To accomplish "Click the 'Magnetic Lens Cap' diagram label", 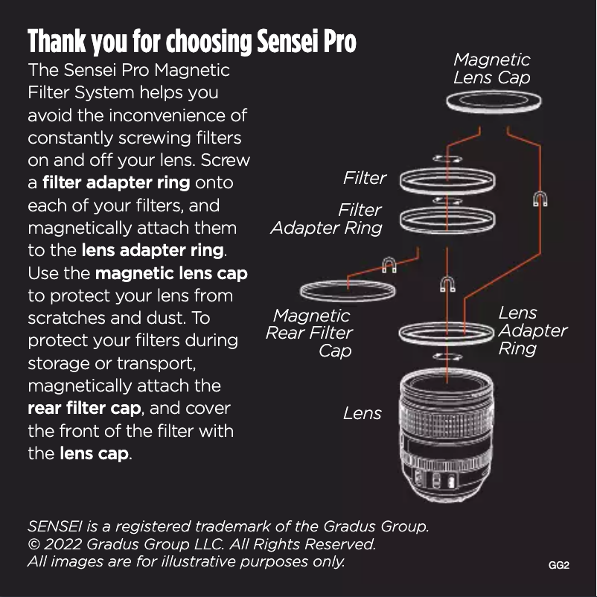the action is point(491,68).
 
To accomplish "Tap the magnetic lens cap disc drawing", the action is point(494,110).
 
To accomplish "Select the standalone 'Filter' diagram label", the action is point(364,178).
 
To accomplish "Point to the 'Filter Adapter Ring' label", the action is point(326,219).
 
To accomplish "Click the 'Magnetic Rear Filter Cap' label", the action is point(309,333).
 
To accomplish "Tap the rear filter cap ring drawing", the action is point(348,298).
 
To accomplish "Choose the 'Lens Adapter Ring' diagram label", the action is point(533,331).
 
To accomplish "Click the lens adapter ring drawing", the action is point(447,342).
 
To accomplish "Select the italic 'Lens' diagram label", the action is point(362,413).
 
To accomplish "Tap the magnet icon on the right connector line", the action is point(540,199).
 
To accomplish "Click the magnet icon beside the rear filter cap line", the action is point(389,265).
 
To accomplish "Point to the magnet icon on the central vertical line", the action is point(447,284).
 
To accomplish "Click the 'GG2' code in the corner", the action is point(558,565).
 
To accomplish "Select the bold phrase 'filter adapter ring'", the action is point(116,182).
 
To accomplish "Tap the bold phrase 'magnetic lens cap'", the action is point(171,273).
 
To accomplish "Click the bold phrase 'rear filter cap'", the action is point(85,408).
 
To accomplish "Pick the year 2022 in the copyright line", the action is point(63,543).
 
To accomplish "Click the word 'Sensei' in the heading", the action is point(287,41).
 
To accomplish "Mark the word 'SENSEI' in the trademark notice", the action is point(55,526).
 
